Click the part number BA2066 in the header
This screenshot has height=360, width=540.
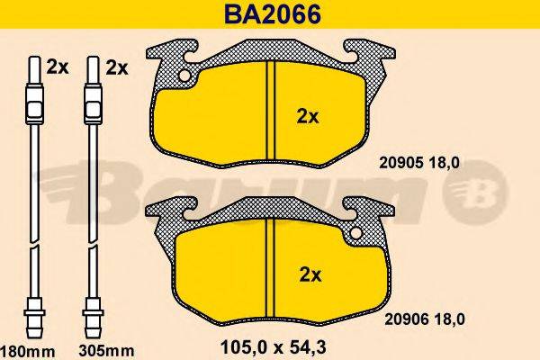pyautogui.click(x=269, y=14)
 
